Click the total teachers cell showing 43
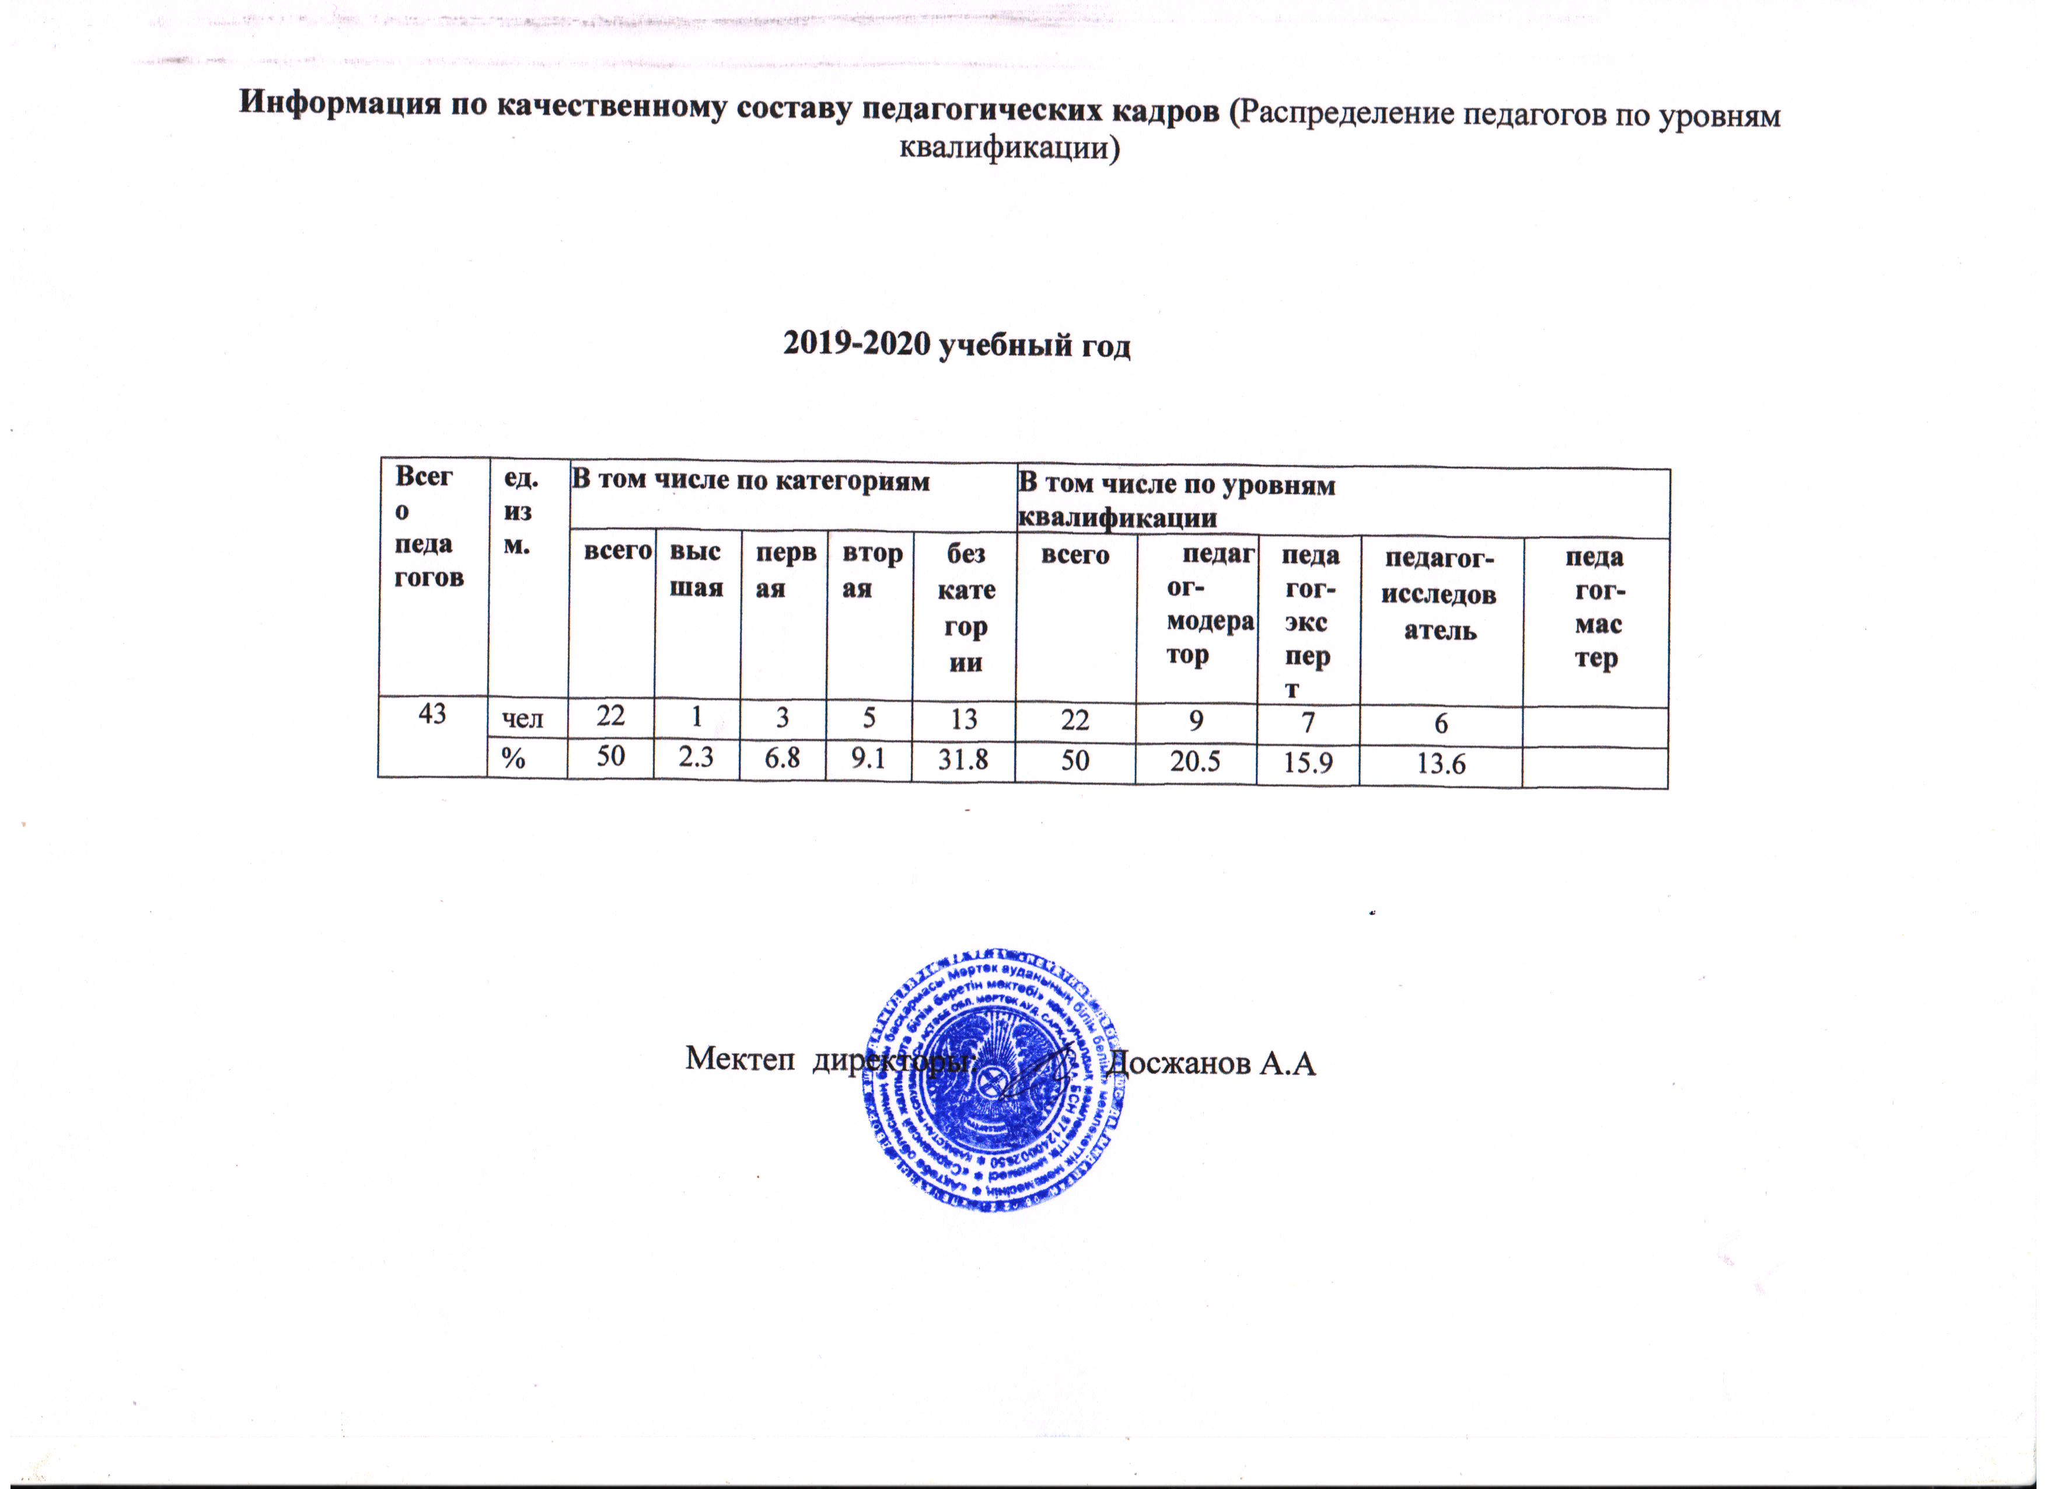coord(432,714)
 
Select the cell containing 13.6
coord(1441,765)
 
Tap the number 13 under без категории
coord(964,719)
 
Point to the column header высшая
coord(696,570)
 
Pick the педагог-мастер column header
coord(1597,608)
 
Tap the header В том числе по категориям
coord(751,481)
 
